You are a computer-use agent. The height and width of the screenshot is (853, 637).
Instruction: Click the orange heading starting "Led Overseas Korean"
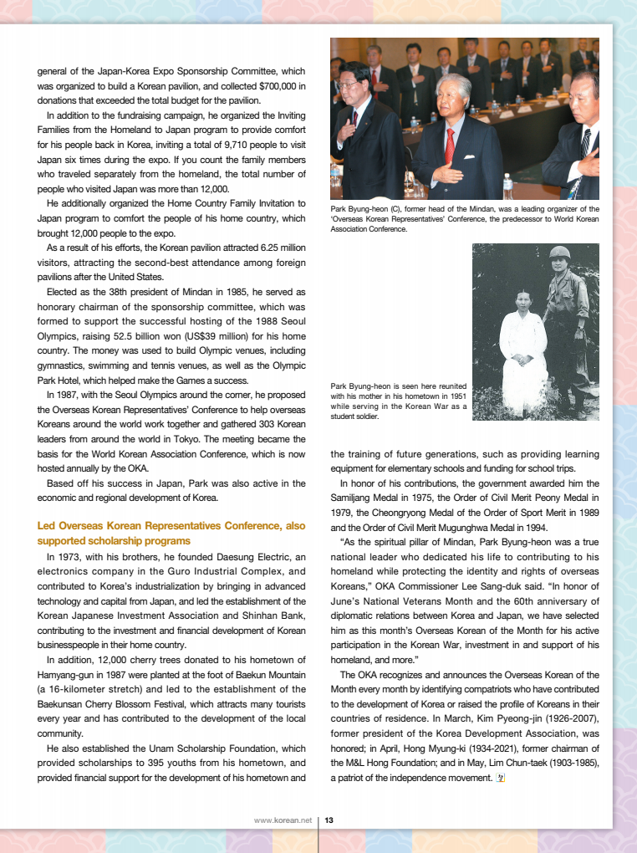point(171,526)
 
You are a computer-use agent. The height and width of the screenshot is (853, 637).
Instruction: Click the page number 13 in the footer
point(329,820)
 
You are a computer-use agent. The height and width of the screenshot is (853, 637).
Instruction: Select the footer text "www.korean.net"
point(283,820)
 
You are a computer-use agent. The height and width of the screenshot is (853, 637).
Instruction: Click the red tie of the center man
point(450,147)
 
